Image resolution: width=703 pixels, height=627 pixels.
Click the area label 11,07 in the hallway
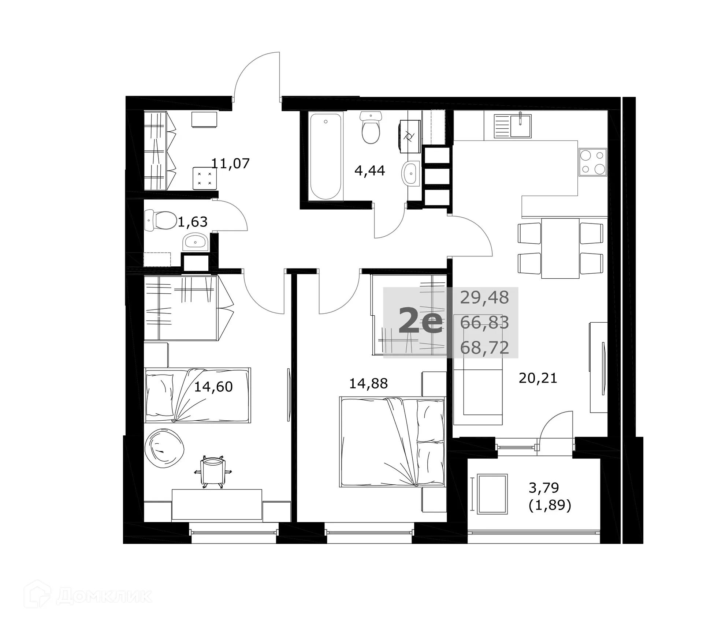(231, 163)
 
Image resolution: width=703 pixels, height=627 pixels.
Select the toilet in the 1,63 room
(161, 220)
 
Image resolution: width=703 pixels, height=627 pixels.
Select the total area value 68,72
(484, 347)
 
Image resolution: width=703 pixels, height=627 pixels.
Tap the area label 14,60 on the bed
(213, 387)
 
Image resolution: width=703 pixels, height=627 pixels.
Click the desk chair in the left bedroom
(213, 471)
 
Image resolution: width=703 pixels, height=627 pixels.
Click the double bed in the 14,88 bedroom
(392, 442)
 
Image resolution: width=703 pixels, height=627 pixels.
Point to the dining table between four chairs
(560, 248)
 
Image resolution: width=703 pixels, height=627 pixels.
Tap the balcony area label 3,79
(544, 487)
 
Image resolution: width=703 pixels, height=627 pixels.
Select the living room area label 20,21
(538, 378)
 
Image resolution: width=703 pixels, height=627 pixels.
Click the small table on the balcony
(493, 494)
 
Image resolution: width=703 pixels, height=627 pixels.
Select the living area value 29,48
(484, 297)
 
